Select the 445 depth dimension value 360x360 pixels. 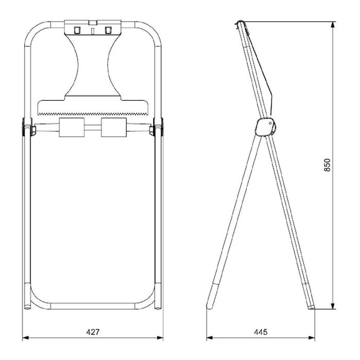click(x=261, y=332)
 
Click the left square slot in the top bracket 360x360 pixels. click(x=77, y=30)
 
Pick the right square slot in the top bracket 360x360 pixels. click(x=108, y=30)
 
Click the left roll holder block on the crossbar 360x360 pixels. click(x=71, y=128)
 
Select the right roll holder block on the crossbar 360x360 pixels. click(x=114, y=128)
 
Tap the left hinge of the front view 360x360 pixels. click(x=26, y=128)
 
